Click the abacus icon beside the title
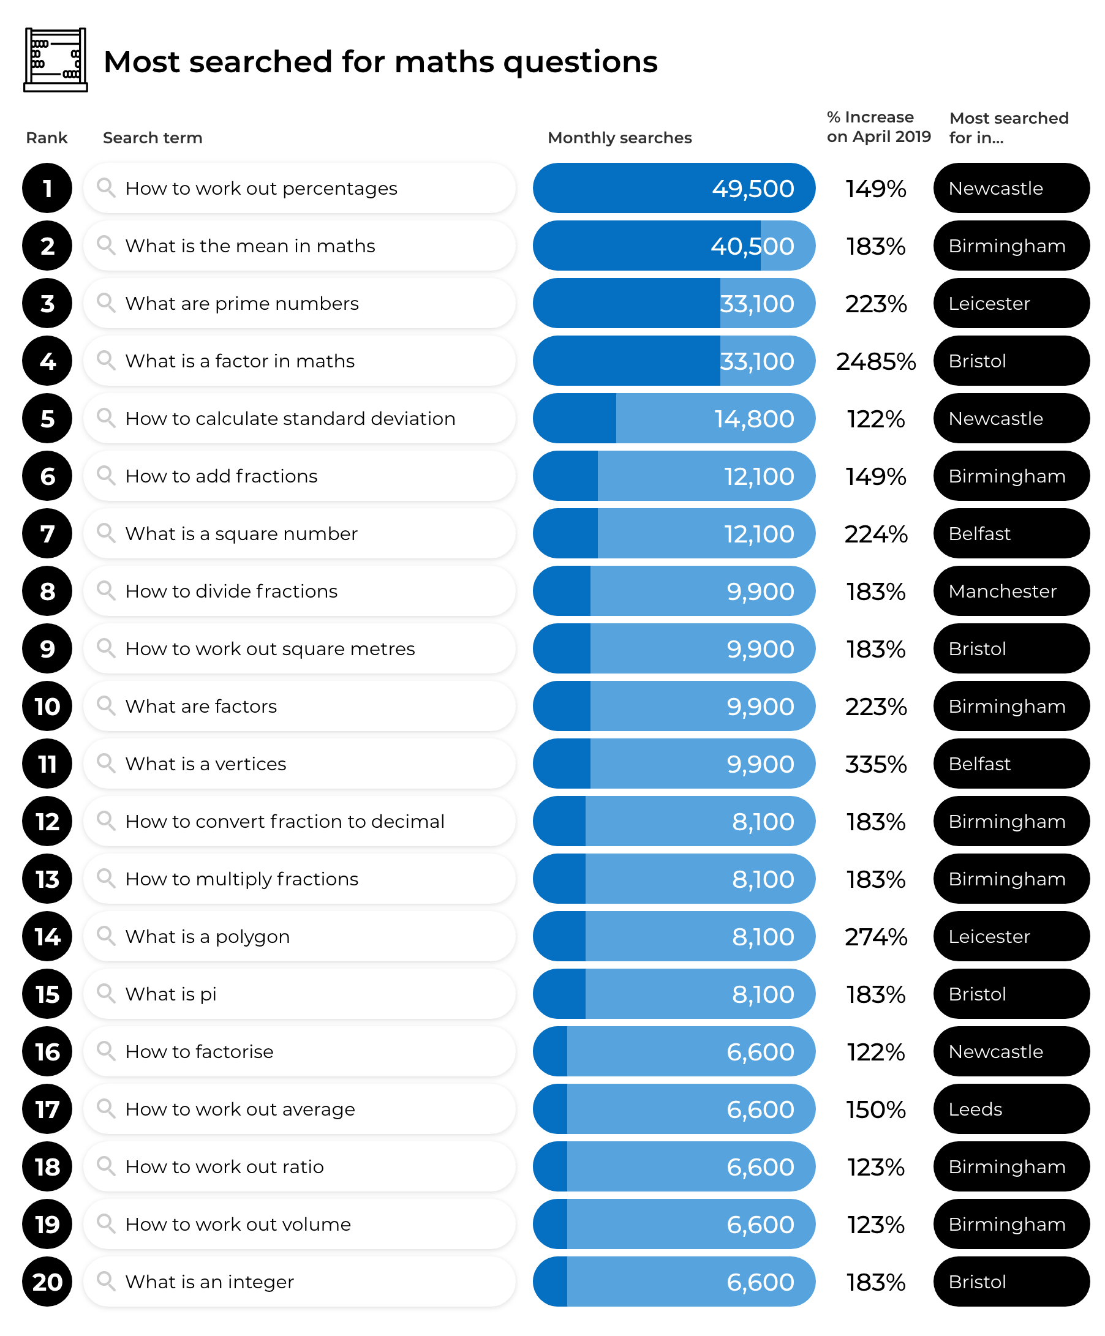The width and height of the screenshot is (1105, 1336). tap(55, 60)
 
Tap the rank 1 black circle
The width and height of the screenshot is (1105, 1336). tap(47, 189)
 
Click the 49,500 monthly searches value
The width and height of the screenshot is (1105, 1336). tap(752, 189)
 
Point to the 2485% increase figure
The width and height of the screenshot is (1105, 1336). tap(876, 361)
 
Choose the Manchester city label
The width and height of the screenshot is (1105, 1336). tap(1002, 591)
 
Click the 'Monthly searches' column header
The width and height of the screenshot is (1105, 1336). tap(619, 137)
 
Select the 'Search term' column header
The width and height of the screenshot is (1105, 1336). tap(152, 137)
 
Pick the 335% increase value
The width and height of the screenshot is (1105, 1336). tap(876, 764)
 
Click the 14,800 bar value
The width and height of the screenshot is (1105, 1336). tap(753, 419)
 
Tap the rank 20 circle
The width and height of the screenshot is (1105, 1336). tap(47, 1282)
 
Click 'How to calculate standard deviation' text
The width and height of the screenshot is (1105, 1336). tap(290, 419)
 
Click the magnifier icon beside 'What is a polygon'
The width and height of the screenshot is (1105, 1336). tap(106, 936)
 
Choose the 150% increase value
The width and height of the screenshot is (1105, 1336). tap(876, 1109)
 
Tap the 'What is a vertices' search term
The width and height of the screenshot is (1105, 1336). tap(206, 764)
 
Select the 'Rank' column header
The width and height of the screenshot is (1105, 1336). tap(47, 137)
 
